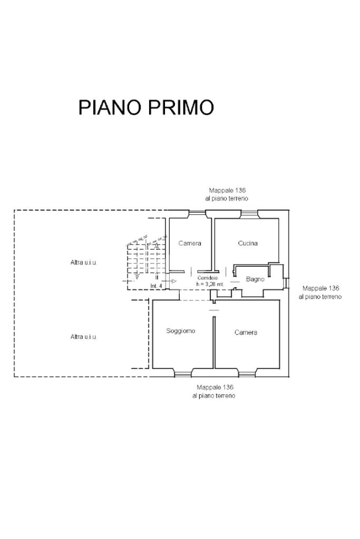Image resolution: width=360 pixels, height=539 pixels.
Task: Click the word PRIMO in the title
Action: tap(181, 107)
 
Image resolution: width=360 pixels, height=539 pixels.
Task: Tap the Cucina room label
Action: tap(248, 243)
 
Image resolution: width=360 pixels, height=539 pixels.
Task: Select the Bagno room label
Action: tap(255, 279)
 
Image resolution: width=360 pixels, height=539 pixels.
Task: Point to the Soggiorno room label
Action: tap(180, 331)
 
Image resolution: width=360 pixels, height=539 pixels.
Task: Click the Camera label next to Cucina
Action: tap(190, 243)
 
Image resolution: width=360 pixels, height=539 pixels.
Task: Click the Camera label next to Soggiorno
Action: tap(246, 332)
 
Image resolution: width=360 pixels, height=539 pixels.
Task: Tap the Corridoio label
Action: tap(208, 278)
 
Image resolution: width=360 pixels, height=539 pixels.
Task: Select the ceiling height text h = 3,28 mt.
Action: tap(210, 284)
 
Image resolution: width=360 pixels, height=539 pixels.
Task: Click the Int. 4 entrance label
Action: tap(156, 286)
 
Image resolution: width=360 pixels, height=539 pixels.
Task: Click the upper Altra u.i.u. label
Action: tap(84, 262)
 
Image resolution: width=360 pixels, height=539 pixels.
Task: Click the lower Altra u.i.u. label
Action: tap(84, 337)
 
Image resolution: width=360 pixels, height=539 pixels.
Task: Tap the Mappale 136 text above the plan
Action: tap(227, 190)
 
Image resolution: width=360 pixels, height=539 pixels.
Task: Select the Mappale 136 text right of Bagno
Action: tap(321, 288)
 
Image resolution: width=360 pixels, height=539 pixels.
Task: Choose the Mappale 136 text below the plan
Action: tap(215, 387)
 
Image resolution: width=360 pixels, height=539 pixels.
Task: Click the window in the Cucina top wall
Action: tap(249, 214)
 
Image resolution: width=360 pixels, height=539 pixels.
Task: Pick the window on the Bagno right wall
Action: tap(285, 282)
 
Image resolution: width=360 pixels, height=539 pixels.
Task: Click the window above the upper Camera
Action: tap(197, 214)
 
